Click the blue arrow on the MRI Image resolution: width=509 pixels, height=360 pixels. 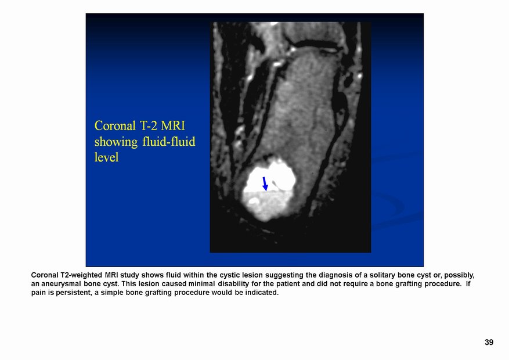[265, 183]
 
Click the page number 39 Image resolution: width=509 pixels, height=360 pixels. [489, 342]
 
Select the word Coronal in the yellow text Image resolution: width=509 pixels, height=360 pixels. [115, 126]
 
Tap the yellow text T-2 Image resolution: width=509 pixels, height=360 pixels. [149, 126]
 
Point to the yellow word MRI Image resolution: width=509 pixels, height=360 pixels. [173, 126]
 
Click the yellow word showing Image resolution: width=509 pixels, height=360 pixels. [116, 142]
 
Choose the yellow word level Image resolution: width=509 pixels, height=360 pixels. [106, 157]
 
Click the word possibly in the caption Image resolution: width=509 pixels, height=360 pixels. [459, 275]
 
